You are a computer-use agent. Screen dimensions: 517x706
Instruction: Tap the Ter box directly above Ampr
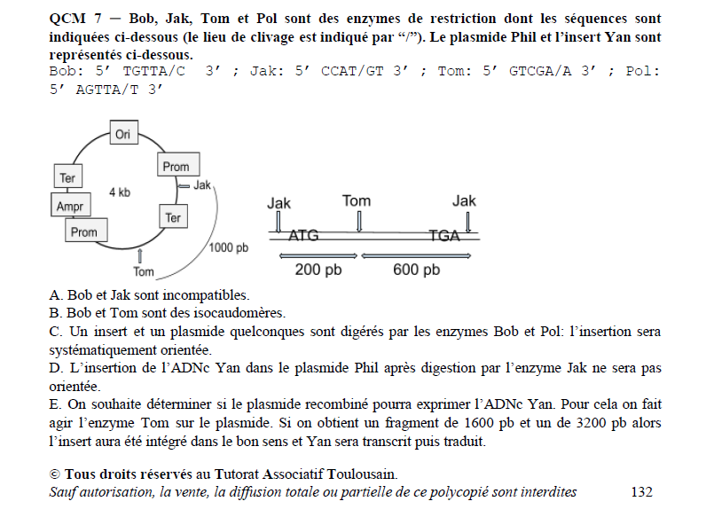(x=67, y=176)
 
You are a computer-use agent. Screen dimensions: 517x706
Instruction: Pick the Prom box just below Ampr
(x=83, y=231)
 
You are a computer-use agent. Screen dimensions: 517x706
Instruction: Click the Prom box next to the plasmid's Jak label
(x=176, y=166)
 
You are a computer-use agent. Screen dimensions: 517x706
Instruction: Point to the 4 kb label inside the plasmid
(x=120, y=192)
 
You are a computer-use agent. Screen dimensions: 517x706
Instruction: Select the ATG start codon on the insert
(x=302, y=235)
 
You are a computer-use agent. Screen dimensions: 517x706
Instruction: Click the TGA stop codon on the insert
(x=444, y=235)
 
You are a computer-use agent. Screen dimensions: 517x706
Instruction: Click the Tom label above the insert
(x=356, y=200)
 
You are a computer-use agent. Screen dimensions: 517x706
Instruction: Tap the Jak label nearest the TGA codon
(x=464, y=201)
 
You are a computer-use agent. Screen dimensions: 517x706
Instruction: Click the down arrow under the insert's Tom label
(x=358, y=219)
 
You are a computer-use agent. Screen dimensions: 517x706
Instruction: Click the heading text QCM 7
(x=74, y=19)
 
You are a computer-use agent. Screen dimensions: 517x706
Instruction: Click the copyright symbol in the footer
(x=56, y=474)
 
